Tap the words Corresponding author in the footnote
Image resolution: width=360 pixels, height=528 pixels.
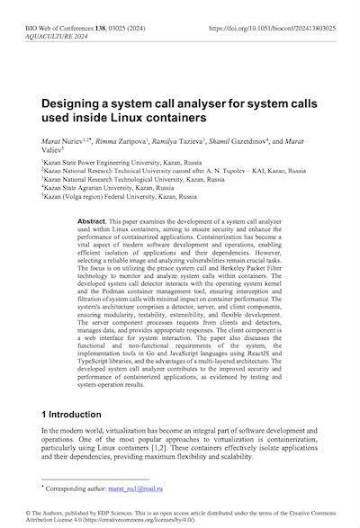pos(90,487)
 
